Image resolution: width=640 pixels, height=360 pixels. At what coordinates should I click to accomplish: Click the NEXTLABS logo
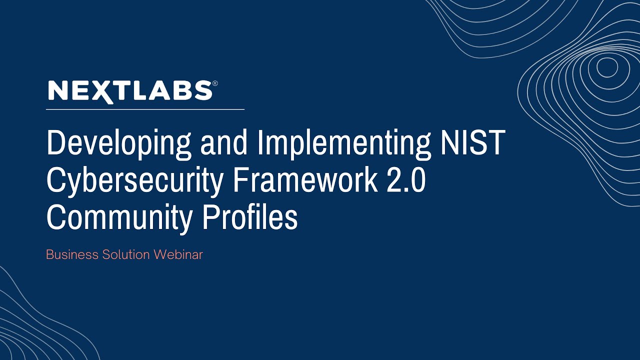pyautogui.click(x=130, y=91)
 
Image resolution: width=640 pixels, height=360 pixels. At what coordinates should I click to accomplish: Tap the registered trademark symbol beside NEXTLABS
pyautogui.click(x=215, y=83)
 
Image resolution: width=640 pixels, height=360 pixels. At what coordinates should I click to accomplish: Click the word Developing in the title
pyautogui.click(x=119, y=143)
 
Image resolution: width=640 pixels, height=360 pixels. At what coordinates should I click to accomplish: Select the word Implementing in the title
pyautogui.click(x=344, y=143)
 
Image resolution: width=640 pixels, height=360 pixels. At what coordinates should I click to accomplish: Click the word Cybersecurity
pyautogui.click(x=134, y=181)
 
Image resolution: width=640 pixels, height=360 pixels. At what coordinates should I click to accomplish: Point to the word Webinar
pyautogui.click(x=178, y=254)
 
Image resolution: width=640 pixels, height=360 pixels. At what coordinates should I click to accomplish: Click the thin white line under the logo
pyautogui.click(x=145, y=109)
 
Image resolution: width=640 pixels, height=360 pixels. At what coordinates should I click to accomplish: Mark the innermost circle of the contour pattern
pyautogui.click(x=607, y=67)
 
